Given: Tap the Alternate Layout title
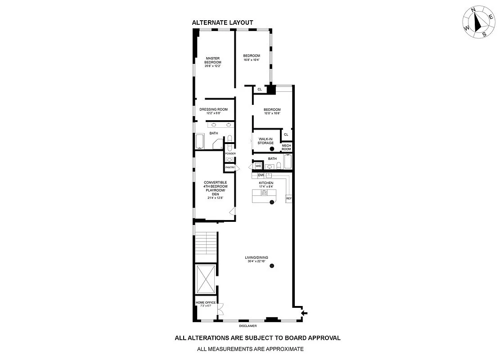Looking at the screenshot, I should [x=222, y=22].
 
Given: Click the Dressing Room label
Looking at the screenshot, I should [x=213, y=109].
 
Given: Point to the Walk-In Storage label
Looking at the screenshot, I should [x=266, y=141].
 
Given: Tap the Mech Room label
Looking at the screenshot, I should [x=286, y=147].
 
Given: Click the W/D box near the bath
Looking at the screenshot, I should [x=258, y=166].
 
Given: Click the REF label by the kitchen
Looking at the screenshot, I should [x=289, y=198].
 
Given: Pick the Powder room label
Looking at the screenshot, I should [x=230, y=153].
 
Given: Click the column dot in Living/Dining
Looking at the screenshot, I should [x=272, y=266].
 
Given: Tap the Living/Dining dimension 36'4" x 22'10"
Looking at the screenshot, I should [x=257, y=261].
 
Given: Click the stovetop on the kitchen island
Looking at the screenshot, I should [x=265, y=193].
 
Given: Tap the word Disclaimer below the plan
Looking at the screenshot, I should [x=248, y=326].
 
